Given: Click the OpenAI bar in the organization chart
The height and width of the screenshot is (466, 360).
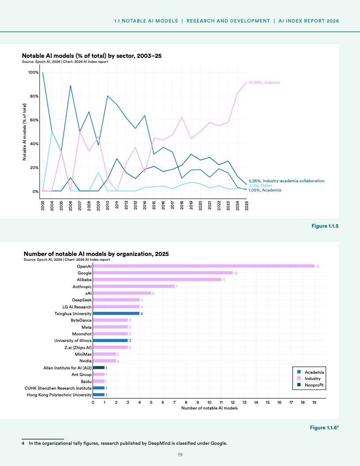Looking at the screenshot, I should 203,266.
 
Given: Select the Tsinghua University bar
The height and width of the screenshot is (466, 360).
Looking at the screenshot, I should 116,313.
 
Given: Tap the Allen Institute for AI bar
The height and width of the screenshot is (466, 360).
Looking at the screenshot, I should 99,367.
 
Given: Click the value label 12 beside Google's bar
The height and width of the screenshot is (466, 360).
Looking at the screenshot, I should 236,273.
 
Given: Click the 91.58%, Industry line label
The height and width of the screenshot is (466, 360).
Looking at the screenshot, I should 264,83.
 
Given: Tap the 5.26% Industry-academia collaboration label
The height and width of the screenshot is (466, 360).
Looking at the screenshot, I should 286,181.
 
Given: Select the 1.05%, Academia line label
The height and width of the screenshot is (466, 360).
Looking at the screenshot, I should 265,190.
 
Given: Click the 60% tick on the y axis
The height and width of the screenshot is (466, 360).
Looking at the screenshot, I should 33,120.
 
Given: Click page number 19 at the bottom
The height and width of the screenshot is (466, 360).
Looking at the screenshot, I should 180,455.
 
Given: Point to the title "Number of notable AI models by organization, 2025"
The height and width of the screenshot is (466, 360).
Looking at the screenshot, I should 96,254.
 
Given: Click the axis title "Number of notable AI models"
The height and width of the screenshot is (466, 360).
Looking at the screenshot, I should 209,408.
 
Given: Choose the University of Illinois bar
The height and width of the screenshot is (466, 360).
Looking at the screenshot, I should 110,340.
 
